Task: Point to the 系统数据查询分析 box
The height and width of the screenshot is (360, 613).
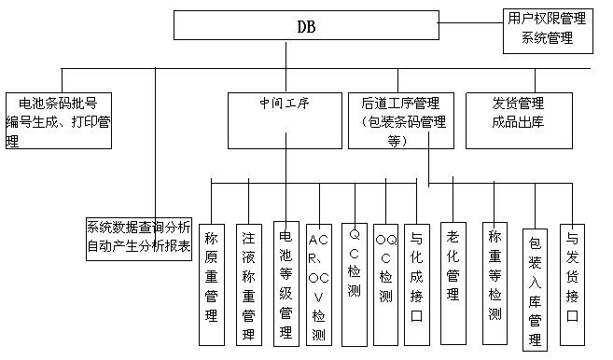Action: tap(139, 238)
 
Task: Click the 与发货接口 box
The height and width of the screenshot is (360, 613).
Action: tap(572, 274)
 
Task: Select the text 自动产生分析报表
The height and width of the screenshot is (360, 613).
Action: tap(139, 247)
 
